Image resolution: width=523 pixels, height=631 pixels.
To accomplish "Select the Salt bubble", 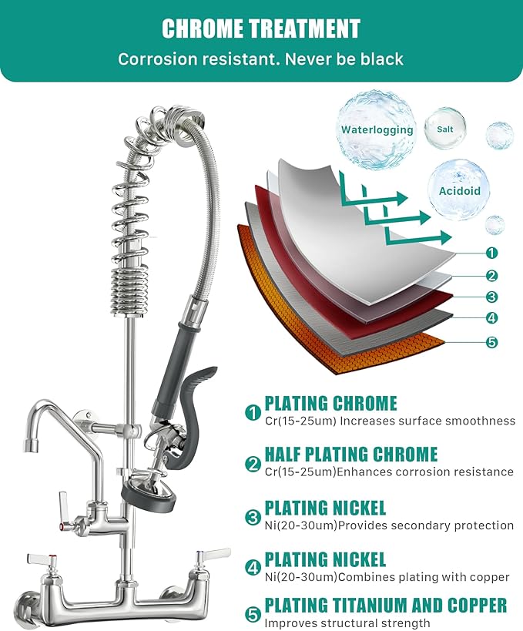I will (x=444, y=129).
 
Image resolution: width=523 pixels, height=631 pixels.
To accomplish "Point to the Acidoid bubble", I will (x=459, y=190).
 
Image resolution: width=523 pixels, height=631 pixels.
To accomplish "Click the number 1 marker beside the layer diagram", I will (x=492, y=253).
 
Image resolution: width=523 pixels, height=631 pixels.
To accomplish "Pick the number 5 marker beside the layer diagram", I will (x=492, y=342).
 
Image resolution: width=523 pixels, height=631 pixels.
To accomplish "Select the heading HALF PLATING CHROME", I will (x=350, y=455).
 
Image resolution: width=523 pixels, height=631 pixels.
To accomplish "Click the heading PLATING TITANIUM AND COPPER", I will (x=385, y=605).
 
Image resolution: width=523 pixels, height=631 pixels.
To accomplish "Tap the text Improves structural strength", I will (x=347, y=623).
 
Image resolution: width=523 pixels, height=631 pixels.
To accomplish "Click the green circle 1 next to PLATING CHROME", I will (x=253, y=413).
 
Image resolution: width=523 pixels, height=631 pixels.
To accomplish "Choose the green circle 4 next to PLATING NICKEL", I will (x=253, y=569).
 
